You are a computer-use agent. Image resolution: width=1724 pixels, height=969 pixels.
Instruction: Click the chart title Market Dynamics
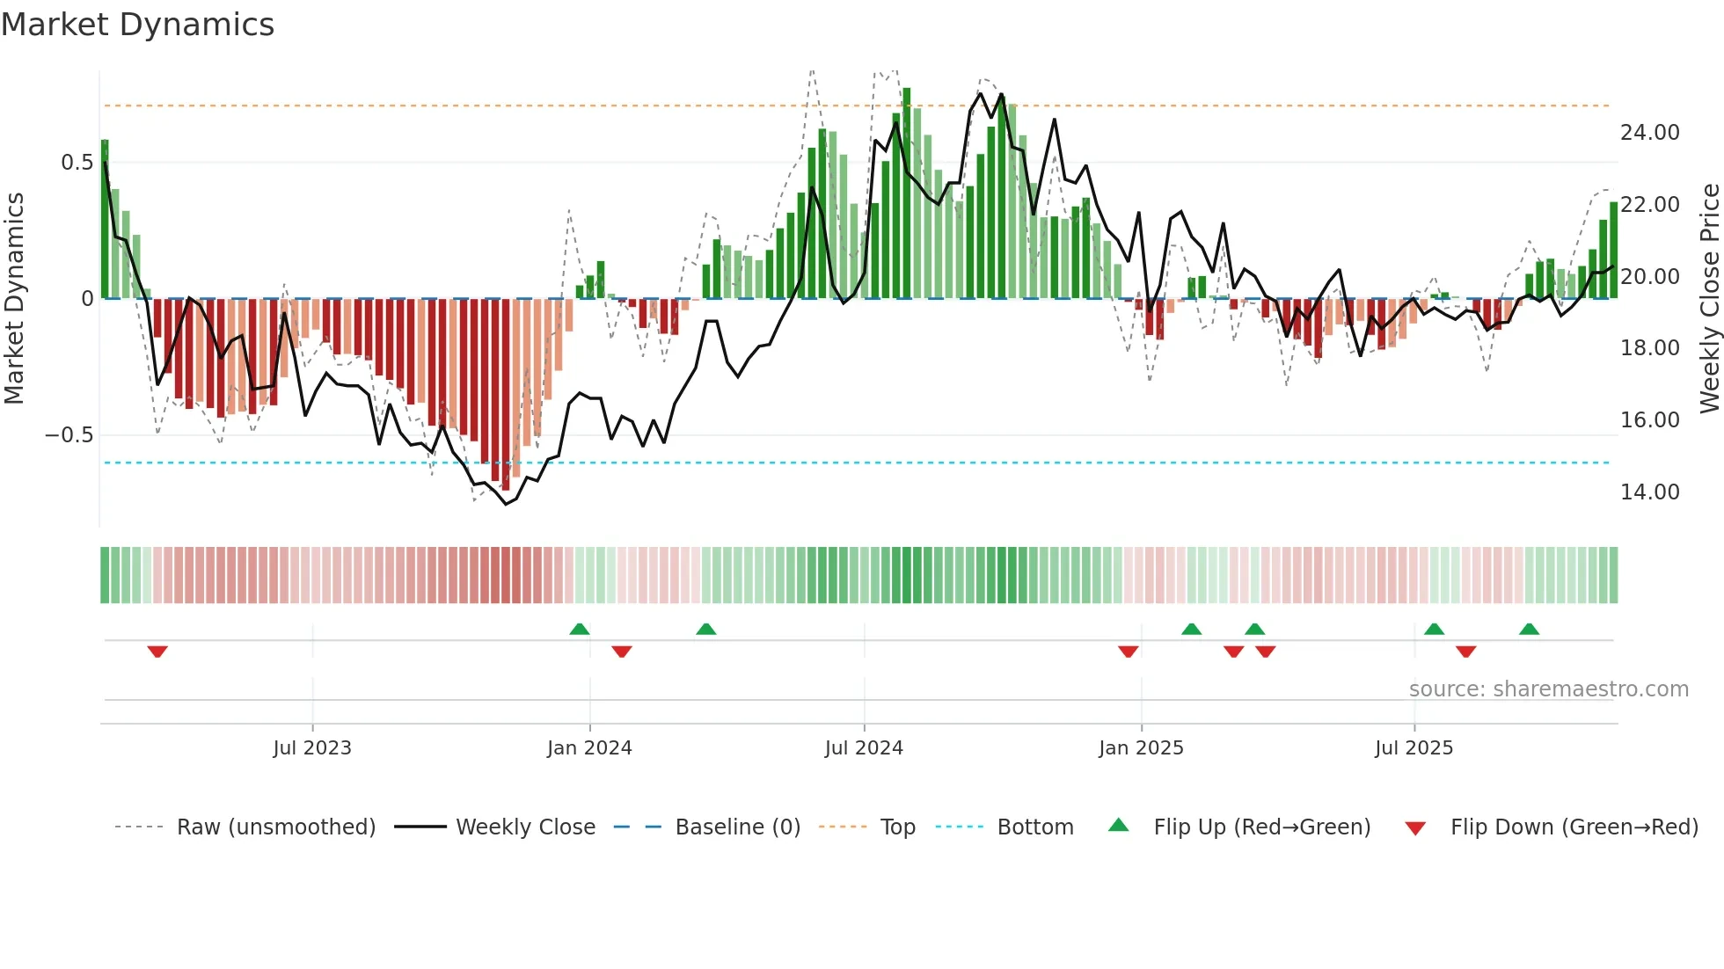(x=137, y=25)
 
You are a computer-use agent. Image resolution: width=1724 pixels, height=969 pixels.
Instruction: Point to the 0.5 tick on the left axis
(x=77, y=163)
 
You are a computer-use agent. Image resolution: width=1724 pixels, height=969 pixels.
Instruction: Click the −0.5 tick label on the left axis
(x=69, y=435)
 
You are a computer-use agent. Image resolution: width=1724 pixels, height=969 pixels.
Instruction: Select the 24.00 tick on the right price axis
(x=1649, y=133)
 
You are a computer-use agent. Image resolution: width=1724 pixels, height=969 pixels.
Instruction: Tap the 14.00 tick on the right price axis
(x=1649, y=492)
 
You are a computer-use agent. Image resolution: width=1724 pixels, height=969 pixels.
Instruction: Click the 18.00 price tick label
(x=1649, y=348)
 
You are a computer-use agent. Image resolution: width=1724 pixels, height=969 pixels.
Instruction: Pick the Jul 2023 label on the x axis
(x=312, y=748)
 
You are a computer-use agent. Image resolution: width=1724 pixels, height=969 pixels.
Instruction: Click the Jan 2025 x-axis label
(x=1141, y=748)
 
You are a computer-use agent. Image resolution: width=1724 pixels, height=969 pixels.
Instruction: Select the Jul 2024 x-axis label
(x=864, y=748)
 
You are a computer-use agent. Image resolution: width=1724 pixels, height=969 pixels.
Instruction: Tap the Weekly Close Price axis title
(x=1709, y=298)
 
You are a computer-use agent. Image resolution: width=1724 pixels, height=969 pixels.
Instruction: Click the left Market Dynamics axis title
(x=14, y=298)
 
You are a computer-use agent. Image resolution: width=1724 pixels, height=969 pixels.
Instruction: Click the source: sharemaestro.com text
(x=1548, y=689)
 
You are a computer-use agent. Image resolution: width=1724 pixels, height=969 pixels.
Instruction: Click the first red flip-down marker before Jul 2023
(x=157, y=652)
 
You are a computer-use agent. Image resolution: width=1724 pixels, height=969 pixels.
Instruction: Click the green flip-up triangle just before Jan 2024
(x=579, y=629)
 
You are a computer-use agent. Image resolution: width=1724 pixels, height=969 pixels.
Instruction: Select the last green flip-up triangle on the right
(x=1529, y=629)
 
